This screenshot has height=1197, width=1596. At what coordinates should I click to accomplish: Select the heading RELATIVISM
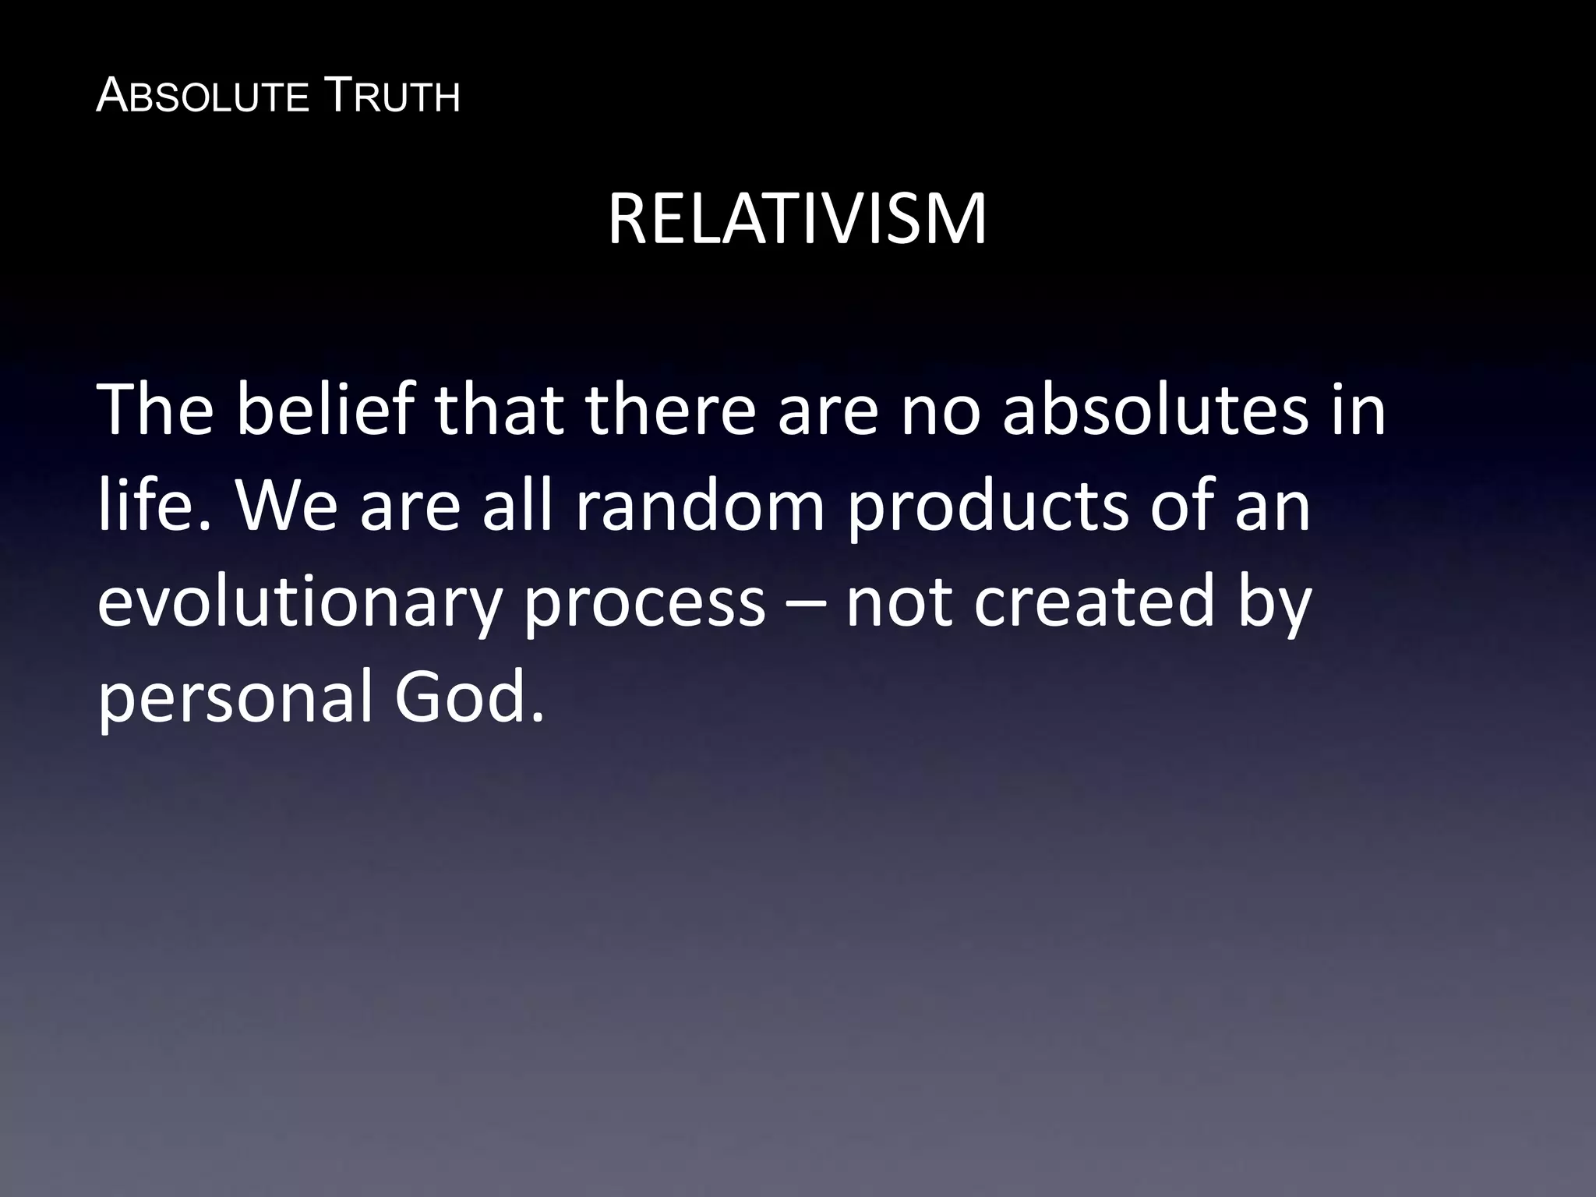pos(796,220)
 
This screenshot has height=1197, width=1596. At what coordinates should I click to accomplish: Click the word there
pos(670,410)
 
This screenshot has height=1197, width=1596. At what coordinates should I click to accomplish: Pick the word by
pos(1275,605)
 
